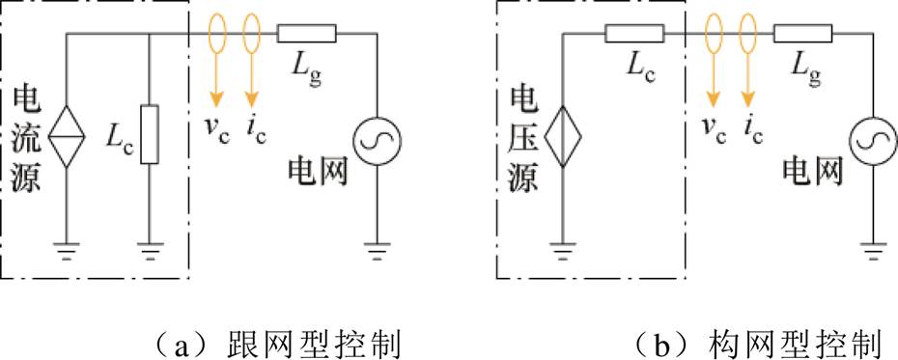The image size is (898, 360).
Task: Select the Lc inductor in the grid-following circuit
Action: pos(149,134)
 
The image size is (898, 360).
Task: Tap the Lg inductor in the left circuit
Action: pos(307,35)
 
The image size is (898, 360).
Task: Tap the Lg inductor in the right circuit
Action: pos(802,35)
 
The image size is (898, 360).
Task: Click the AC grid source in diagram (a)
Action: pos(376,142)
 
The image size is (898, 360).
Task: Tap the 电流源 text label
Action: pos(26,140)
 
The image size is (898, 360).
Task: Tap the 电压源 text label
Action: pos(522,140)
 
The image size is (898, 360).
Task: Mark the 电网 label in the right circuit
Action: pos(812,172)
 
